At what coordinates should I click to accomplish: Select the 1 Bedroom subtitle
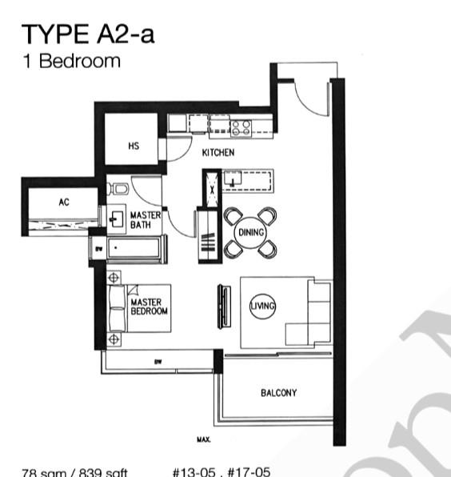pyautogui.click(x=71, y=61)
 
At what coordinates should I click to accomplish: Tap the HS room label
pyautogui.click(x=134, y=146)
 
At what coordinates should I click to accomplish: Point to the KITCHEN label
pyautogui.click(x=218, y=152)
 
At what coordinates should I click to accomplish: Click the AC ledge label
pyautogui.click(x=64, y=202)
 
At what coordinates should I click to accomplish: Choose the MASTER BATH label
pyautogui.click(x=146, y=219)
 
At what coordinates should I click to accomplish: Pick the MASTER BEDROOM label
pyautogui.click(x=149, y=307)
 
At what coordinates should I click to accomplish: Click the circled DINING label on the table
pyautogui.click(x=250, y=232)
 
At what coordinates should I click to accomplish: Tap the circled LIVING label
pyautogui.click(x=262, y=307)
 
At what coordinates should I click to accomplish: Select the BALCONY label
pyautogui.click(x=278, y=393)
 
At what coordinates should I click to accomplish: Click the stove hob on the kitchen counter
pyautogui.click(x=241, y=126)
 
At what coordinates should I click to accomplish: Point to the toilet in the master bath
pyautogui.click(x=118, y=189)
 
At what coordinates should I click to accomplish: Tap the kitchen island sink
pyautogui.click(x=233, y=179)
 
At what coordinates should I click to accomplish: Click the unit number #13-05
pyautogui.click(x=193, y=471)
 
